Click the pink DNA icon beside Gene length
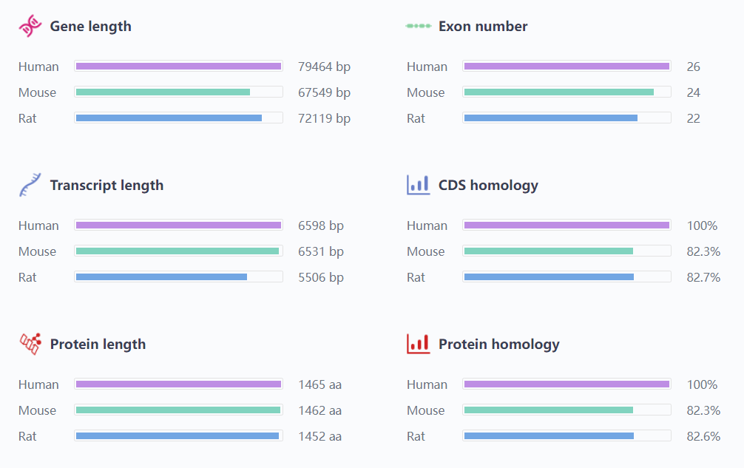click(30, 27)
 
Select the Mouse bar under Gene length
click(163, 92)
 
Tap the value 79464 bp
click(324, 67)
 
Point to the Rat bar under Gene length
click(169, 118)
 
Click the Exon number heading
click(483, 27)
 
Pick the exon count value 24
click(693, 92)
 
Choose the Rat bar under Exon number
click(550, 118)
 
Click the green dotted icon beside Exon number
click(418, 27)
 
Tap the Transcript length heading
click(106, 186)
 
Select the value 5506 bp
click(321, 277)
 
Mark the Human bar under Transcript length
click(178, 225)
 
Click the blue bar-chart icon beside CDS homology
click(418, 185)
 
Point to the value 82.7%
click(703, 277)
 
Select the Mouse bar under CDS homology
click(548, 251)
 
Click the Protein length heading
click(98, 345)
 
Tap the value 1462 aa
click(319, 410)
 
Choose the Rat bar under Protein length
click(177, 436)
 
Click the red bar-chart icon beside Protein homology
click(418, 344)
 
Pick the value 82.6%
click(703, 436)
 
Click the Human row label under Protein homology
click(427, 384)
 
